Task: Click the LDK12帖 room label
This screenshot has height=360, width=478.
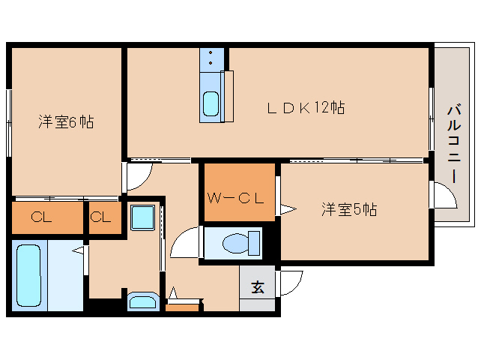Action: click(306, 108)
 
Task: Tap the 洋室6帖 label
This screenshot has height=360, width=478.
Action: click(66, 121)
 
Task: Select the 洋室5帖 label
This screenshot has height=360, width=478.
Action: click(349, 209)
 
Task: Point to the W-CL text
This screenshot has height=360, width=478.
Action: click(235, 198)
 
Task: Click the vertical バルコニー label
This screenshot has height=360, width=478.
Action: click(454, 144)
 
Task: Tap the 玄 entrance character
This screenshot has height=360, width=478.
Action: click(258, 286)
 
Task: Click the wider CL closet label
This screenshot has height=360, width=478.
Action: click(41, 217)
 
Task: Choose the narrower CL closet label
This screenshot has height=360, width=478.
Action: click(100, 217)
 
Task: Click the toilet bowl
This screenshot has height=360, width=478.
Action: click(240, 243)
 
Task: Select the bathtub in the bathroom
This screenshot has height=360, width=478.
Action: click(28, 275)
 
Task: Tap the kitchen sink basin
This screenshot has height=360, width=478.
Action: click(211, 103)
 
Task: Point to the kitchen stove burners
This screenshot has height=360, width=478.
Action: click(211, 58)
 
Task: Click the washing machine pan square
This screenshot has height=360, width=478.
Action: click(142, 217)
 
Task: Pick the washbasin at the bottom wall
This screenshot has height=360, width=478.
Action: click(143, 302)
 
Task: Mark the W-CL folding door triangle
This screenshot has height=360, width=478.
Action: click(288, 209)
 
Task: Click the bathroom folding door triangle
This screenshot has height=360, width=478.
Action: click(78, 250)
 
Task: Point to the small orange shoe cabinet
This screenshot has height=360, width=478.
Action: click(182, 307)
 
